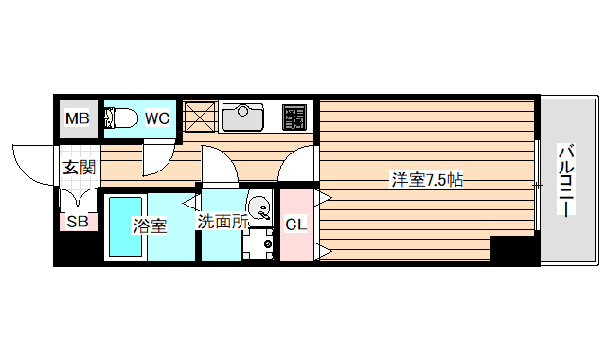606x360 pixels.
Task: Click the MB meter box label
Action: pos(78,118)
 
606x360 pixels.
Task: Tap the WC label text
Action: pos(157,117)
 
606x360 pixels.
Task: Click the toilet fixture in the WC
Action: pos(121,117)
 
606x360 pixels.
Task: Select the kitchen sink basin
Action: pos(242,117)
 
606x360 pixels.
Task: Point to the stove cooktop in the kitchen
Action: pos(294,117)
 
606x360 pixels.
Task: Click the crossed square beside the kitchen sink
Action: pos(200,117)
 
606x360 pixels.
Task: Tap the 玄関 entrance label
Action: pos(79,168)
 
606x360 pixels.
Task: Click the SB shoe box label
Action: pos(78,222)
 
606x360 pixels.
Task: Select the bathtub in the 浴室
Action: pos(125,226)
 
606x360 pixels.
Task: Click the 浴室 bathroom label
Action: pos(150,225)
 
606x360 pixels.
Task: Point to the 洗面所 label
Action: pos(223,222)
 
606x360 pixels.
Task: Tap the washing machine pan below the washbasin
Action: pos(258,243)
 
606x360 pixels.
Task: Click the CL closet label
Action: pos(295,224)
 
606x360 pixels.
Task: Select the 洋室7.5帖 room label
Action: pos(427,180)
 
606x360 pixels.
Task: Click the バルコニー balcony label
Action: pos(566,179)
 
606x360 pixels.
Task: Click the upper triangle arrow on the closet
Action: pos(323,198)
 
